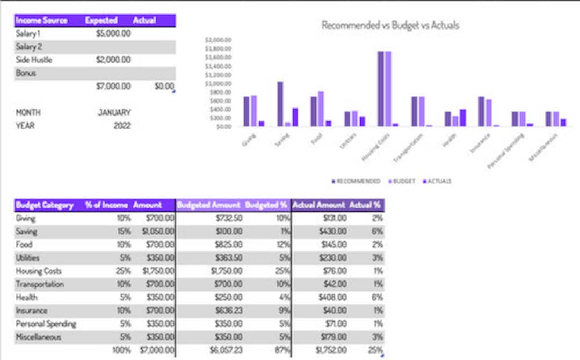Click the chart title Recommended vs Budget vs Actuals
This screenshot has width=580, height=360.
tap(390, 25)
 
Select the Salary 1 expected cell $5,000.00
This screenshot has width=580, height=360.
tap(113, 33)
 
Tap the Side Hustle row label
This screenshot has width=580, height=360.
tap(34, 60)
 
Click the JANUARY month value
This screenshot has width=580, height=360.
tap(114, 112)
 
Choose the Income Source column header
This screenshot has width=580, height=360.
tap(41, 20)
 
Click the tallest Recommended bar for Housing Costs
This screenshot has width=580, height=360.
tap(381, 89)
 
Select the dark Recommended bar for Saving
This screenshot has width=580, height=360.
tap(280, 104)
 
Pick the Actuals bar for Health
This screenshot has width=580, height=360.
tap(463, 118)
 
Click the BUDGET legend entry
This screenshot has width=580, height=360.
tap(404, 181)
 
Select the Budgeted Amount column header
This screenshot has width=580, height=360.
tap(208, 205)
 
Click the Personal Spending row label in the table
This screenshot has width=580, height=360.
tap(46, 324)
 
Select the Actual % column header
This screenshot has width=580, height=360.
tap(365, 205)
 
